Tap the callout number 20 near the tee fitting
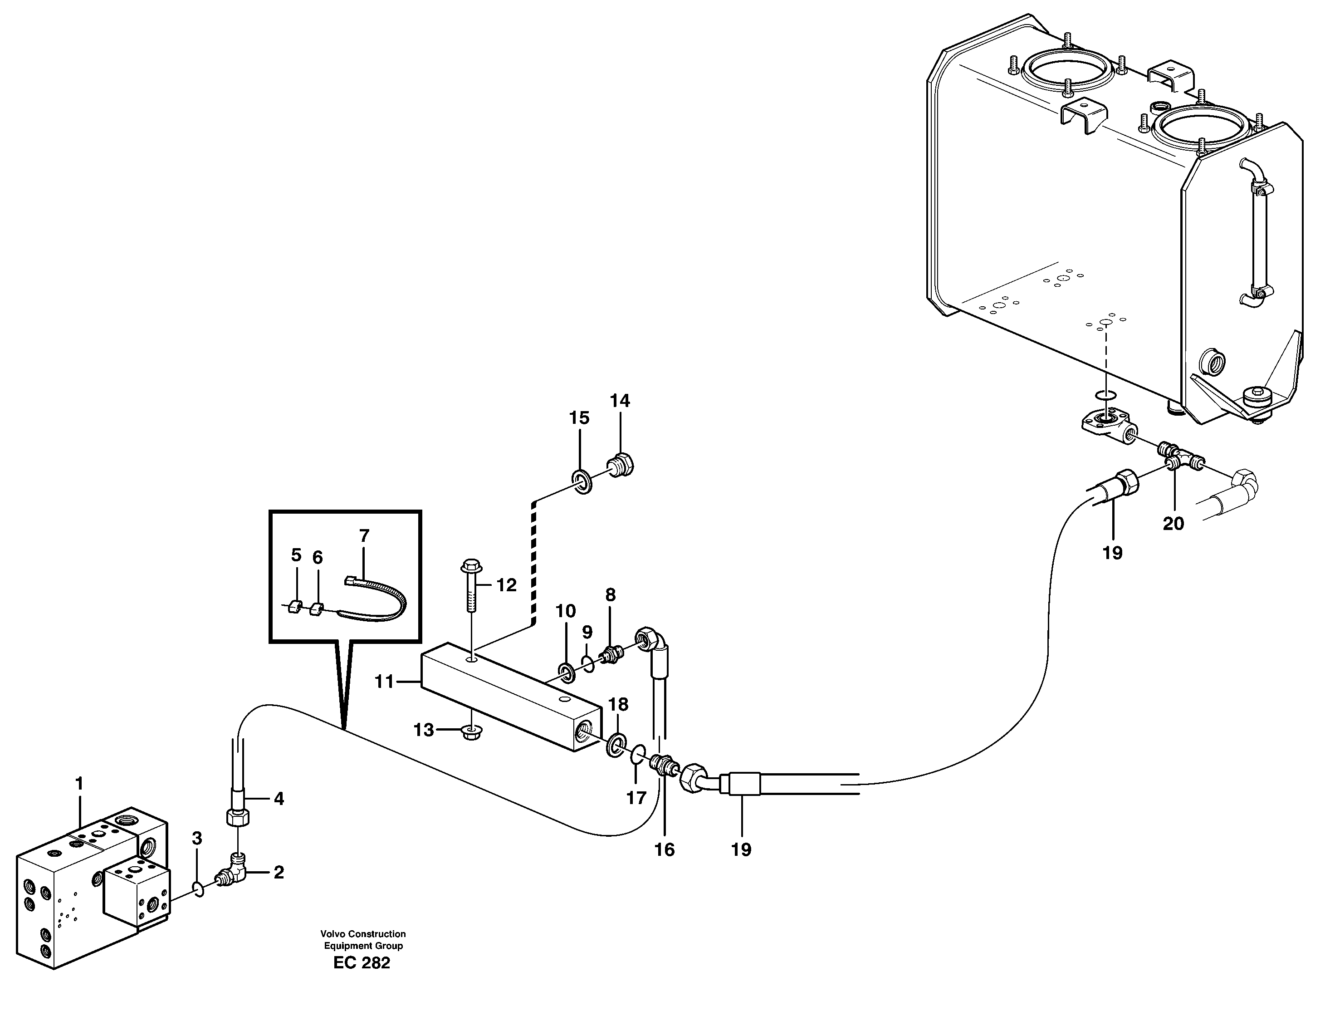coord(1173,523)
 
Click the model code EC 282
coord(362,963)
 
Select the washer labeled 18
coord(616,745)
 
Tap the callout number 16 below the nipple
coord(664,849)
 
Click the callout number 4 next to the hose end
coord(278,799)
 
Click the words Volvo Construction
coord(363,934)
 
